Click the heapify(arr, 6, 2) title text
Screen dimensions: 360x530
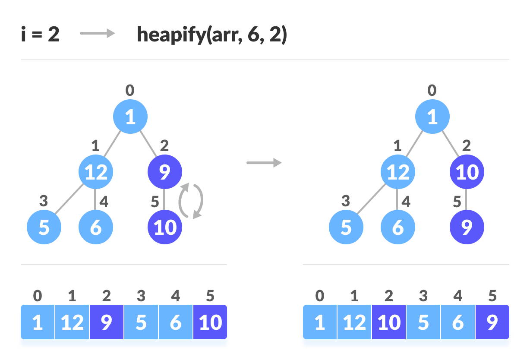point(211,35)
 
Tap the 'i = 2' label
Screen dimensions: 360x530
point(40,35)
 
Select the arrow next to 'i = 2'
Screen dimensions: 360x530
point(98,34)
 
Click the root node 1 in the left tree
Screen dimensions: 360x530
point(130,117)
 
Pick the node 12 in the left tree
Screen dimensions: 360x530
point(96,172)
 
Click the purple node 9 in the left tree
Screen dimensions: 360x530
point(165,172)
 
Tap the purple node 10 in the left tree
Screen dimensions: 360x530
point(165,227)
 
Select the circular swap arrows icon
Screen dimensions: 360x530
point(191,201)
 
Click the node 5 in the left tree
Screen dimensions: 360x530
point(44,227)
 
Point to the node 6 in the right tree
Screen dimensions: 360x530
point(398,227)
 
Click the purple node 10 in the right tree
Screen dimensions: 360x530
point(467,172)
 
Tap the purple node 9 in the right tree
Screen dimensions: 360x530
point(467,227)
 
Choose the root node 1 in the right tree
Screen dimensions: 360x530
point(432,117)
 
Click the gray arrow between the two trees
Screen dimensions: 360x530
point(264,163)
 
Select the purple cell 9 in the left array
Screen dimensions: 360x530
point(107,322)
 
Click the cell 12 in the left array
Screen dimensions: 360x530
point(72,322)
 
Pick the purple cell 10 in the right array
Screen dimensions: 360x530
point(389,322)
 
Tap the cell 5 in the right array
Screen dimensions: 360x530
point(423,322)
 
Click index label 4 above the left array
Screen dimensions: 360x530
point(175,296)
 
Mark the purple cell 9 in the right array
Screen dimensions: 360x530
point(492,322)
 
